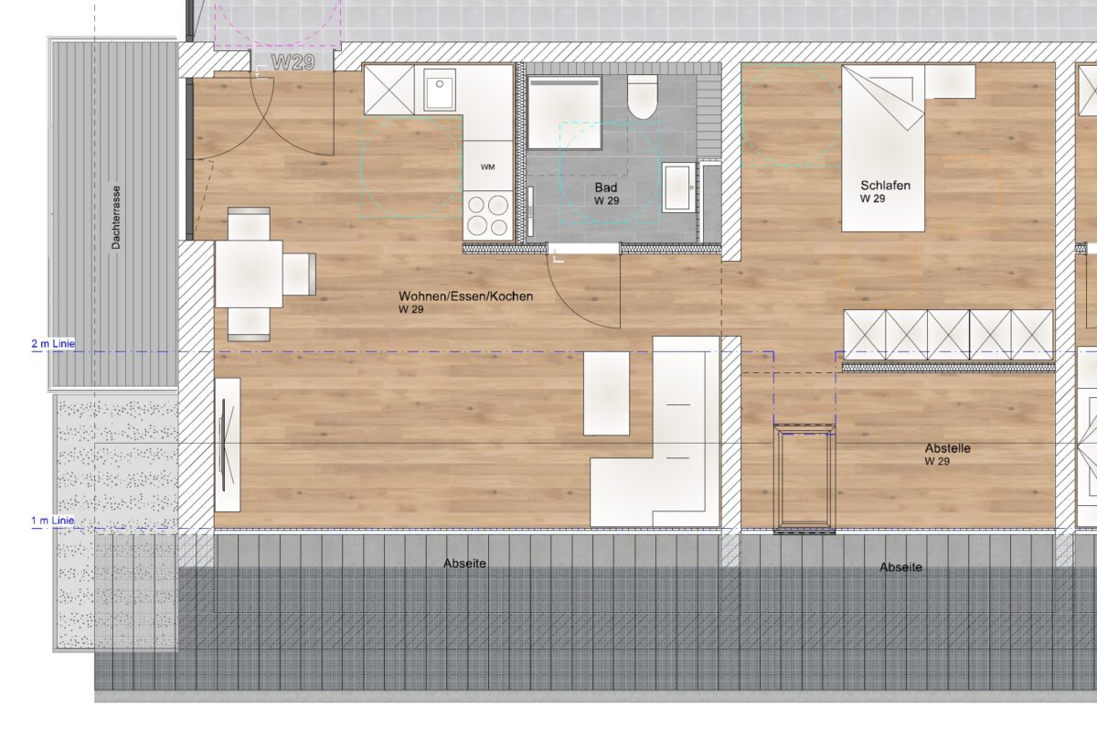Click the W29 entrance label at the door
(x=293, y=62)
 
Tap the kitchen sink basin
(x=440, y=90)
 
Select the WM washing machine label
(x=488, y=167)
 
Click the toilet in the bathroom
(x=642, y=97)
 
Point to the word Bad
(x=606, y=188)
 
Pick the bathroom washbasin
(x=678, y=188)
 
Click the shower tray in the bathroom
(x=565, y=113)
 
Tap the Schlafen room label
(x=886, y=185)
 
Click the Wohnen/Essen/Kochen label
(x=465, y=296)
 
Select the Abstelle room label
(x=948, y=448)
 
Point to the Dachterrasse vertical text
(x=116, y=217)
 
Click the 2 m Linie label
(x=53, y=344)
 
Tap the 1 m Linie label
(x=53, y=520)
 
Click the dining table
(x=249, y=274)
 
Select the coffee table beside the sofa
(x=606, y=393)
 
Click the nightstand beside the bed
(x=950, y=81)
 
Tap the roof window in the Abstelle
(x=804, y=479)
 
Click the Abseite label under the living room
(x=464, y=564)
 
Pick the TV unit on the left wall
(x=228, y=445)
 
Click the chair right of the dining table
(x=299, y=274)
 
